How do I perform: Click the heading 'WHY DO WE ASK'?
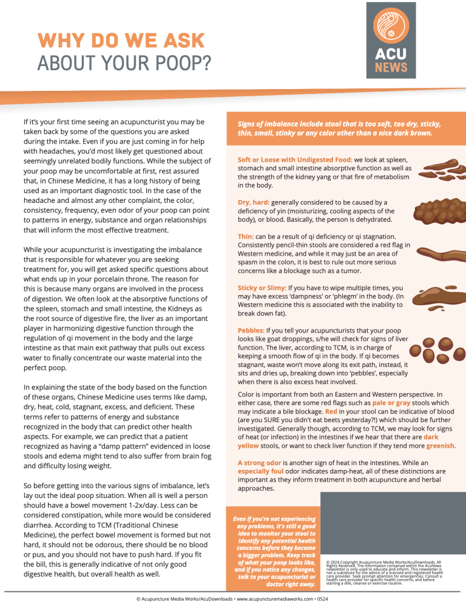coord(121,41)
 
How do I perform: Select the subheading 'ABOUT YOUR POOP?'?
coord(124,62)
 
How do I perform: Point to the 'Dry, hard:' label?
coord(254,202)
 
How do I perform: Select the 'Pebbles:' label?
coord(250,330)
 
